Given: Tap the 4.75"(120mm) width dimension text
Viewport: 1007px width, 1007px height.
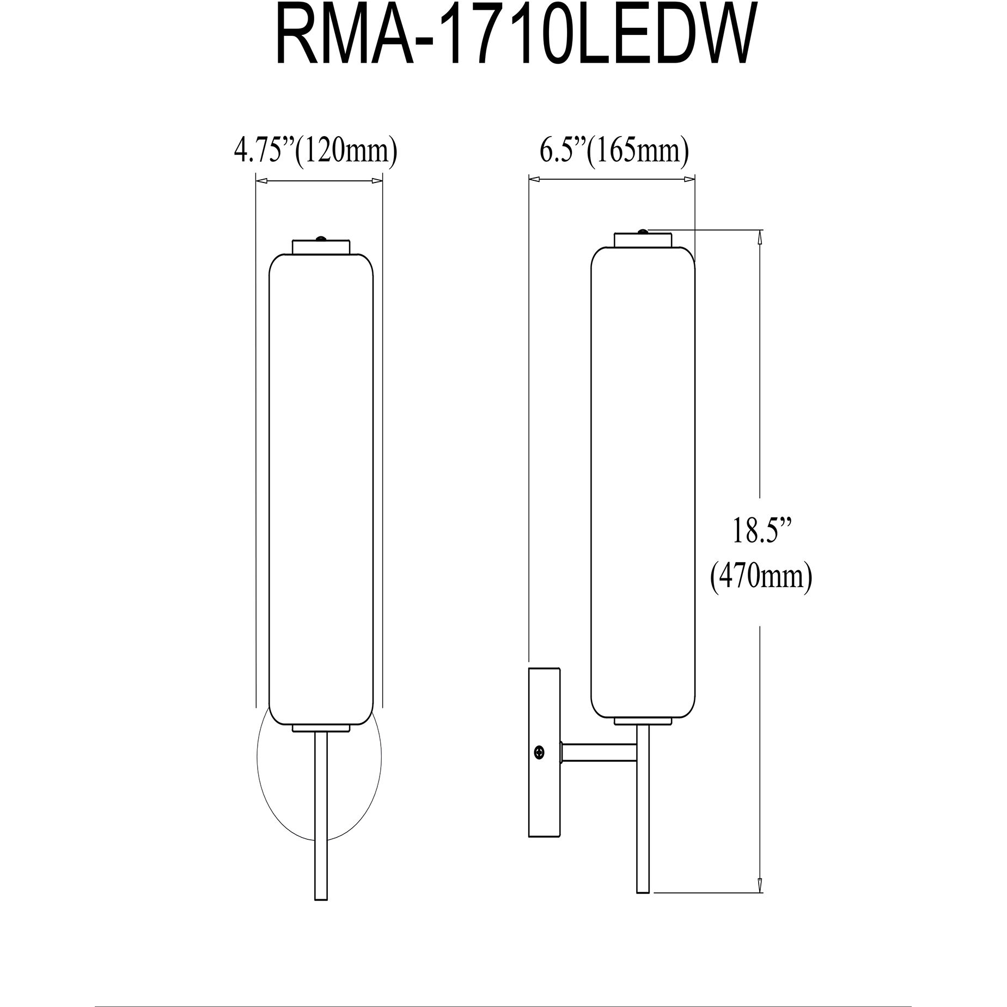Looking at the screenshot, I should pyautogui.click(x=315, y=151).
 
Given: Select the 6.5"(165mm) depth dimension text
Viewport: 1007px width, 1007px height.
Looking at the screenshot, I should pyautogui.click(x=614, y=151).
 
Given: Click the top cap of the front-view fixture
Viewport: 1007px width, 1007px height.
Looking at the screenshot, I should pyautogui.click(x=321, y=246).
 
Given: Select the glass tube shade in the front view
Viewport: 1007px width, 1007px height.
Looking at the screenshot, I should pyautogui.click(x=321, y=490).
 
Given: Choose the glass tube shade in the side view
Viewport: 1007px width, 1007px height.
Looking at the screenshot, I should pyautogui.click(x=643, y=485).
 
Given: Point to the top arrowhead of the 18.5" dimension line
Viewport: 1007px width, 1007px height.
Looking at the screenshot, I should pyautogui.click(x=760, y=235).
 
